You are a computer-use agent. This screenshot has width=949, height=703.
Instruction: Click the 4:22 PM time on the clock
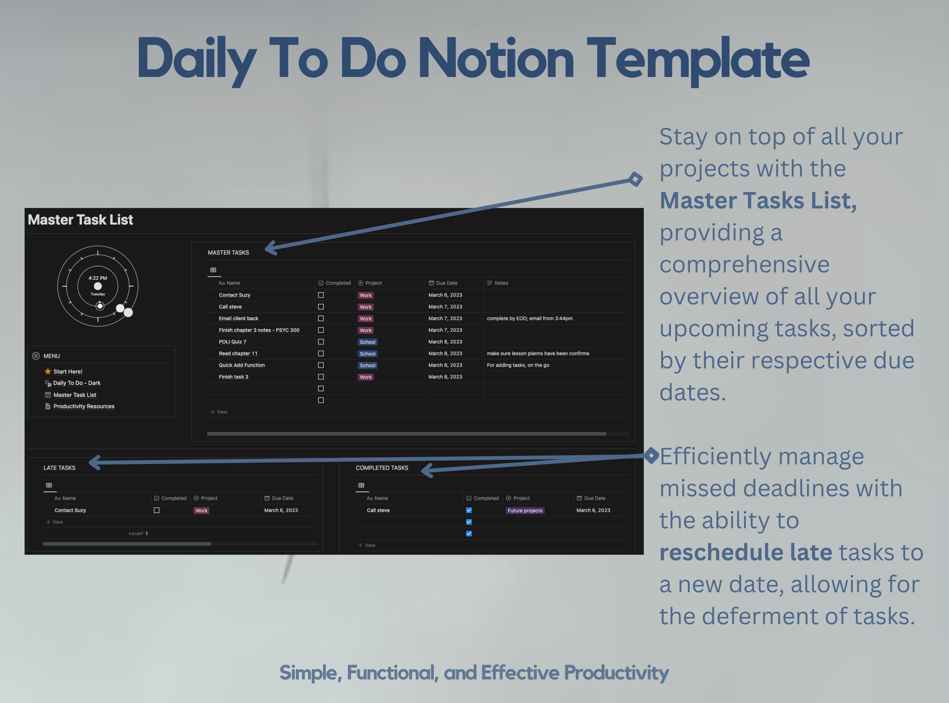coord(98,278)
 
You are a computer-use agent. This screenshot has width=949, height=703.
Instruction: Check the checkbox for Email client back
coord(321,318)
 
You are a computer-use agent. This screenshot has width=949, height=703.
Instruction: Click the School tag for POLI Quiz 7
coord(367,342)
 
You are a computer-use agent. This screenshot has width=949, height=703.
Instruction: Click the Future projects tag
coord(525,511)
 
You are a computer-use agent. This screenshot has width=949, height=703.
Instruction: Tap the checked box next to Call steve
coord(469,510)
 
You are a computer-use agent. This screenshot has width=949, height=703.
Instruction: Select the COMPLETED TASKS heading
coord(382,468)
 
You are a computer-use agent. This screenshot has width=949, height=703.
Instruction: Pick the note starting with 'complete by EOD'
coord(529,318)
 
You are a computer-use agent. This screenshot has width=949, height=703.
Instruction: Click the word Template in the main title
coord(698,59)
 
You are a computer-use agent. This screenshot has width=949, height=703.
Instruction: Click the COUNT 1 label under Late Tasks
coord(138,534)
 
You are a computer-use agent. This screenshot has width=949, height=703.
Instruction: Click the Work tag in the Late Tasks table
coord(201,511)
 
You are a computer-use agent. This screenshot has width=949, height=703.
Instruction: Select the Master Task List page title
coord(80,220)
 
